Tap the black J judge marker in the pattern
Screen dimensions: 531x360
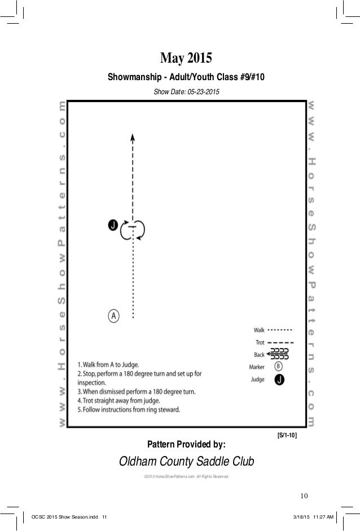112,225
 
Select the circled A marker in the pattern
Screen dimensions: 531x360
113,315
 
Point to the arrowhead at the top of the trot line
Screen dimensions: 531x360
133,137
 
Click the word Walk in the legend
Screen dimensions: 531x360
258,330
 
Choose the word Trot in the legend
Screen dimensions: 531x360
258,343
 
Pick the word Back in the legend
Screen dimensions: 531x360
258,355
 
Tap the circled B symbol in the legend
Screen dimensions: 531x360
279,367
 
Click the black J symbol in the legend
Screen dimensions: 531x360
279,380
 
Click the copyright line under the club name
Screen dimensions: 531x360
186,477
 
